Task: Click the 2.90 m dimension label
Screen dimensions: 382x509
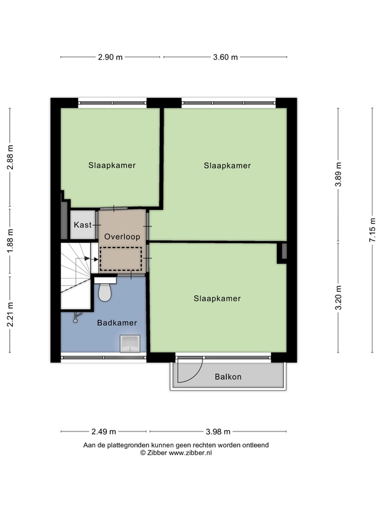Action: coord(110,57)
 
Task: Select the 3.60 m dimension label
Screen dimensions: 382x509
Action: coord(225,57)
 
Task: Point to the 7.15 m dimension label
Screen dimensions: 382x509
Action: coord(372,230)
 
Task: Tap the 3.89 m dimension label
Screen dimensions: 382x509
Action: coord(338,174)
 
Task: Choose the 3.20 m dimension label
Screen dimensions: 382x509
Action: coord(338,298)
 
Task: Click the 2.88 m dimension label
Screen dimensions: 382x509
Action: coord(10,157)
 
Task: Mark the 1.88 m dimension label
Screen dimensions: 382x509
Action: coord(10,241)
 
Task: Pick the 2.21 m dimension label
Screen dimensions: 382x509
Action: coord(10,314)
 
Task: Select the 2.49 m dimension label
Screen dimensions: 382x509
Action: coord(104,431)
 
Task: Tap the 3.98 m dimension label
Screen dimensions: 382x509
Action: coord(218,431)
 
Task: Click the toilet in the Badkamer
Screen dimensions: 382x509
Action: coord(104,289)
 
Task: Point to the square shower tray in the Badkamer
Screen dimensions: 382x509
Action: coord(130,344)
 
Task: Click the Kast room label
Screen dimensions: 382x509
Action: coord(83,225)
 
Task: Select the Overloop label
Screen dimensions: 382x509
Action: coord(122,237)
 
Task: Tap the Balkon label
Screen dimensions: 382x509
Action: coord(228,377)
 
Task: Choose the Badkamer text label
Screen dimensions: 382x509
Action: coord(117,323)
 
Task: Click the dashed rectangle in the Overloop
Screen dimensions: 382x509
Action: coord(120,259)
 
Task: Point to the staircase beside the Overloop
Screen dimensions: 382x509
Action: coord(76,276)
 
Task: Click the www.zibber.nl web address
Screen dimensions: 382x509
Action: coord(190,452)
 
